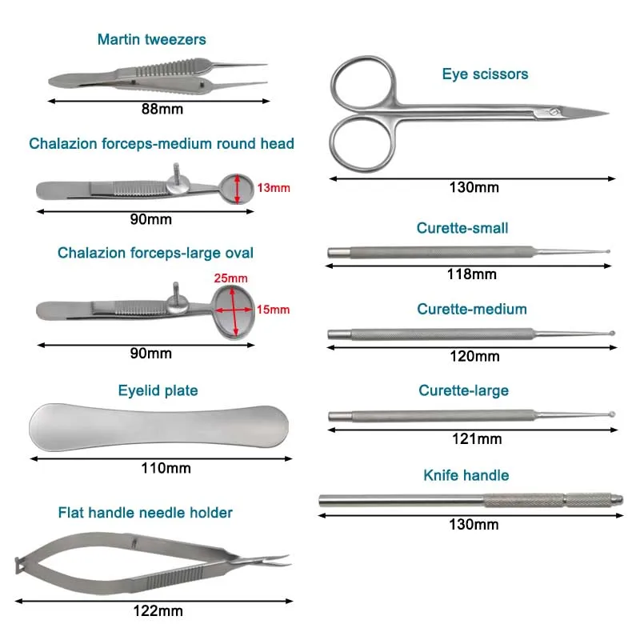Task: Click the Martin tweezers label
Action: pyautogui.click(x=151, y=39)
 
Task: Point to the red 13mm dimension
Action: pyautogui.click(x=274, y=188)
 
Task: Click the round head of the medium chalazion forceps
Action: pyautogui.click(x=237, y=189)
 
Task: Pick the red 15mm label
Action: pyautogui.click(x=274, y=310)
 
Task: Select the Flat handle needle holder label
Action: pyautogui.click(x=145, y=512)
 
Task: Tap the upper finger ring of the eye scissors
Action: pyautogui.click(x=362, y=84)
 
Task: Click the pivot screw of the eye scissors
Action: pyautogui.click(x=551, y=110)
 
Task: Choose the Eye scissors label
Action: pyautogui.click(x=485, y=74)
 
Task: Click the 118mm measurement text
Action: pyautogui.click(x=472, y=274)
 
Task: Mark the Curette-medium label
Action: pyautogui.click(x=472, y=309)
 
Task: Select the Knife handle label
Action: pyautogui.click(x=466, y=475)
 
